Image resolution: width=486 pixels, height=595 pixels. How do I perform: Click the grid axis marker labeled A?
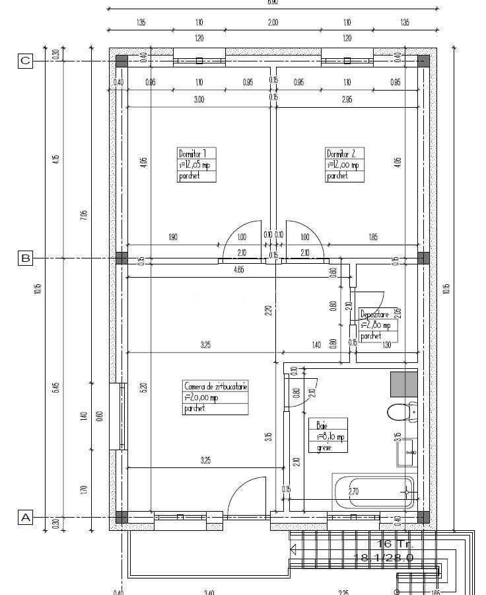coord(25,517)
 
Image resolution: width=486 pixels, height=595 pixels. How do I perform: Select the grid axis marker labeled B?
coord(25,258)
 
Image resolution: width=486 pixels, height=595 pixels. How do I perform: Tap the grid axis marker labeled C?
coord(25,61)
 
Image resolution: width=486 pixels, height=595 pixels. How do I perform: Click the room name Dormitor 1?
coord(197,153)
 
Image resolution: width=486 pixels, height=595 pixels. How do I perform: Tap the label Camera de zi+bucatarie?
coord(216,386)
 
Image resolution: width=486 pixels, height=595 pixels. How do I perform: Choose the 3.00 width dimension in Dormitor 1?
coord(199,100)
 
